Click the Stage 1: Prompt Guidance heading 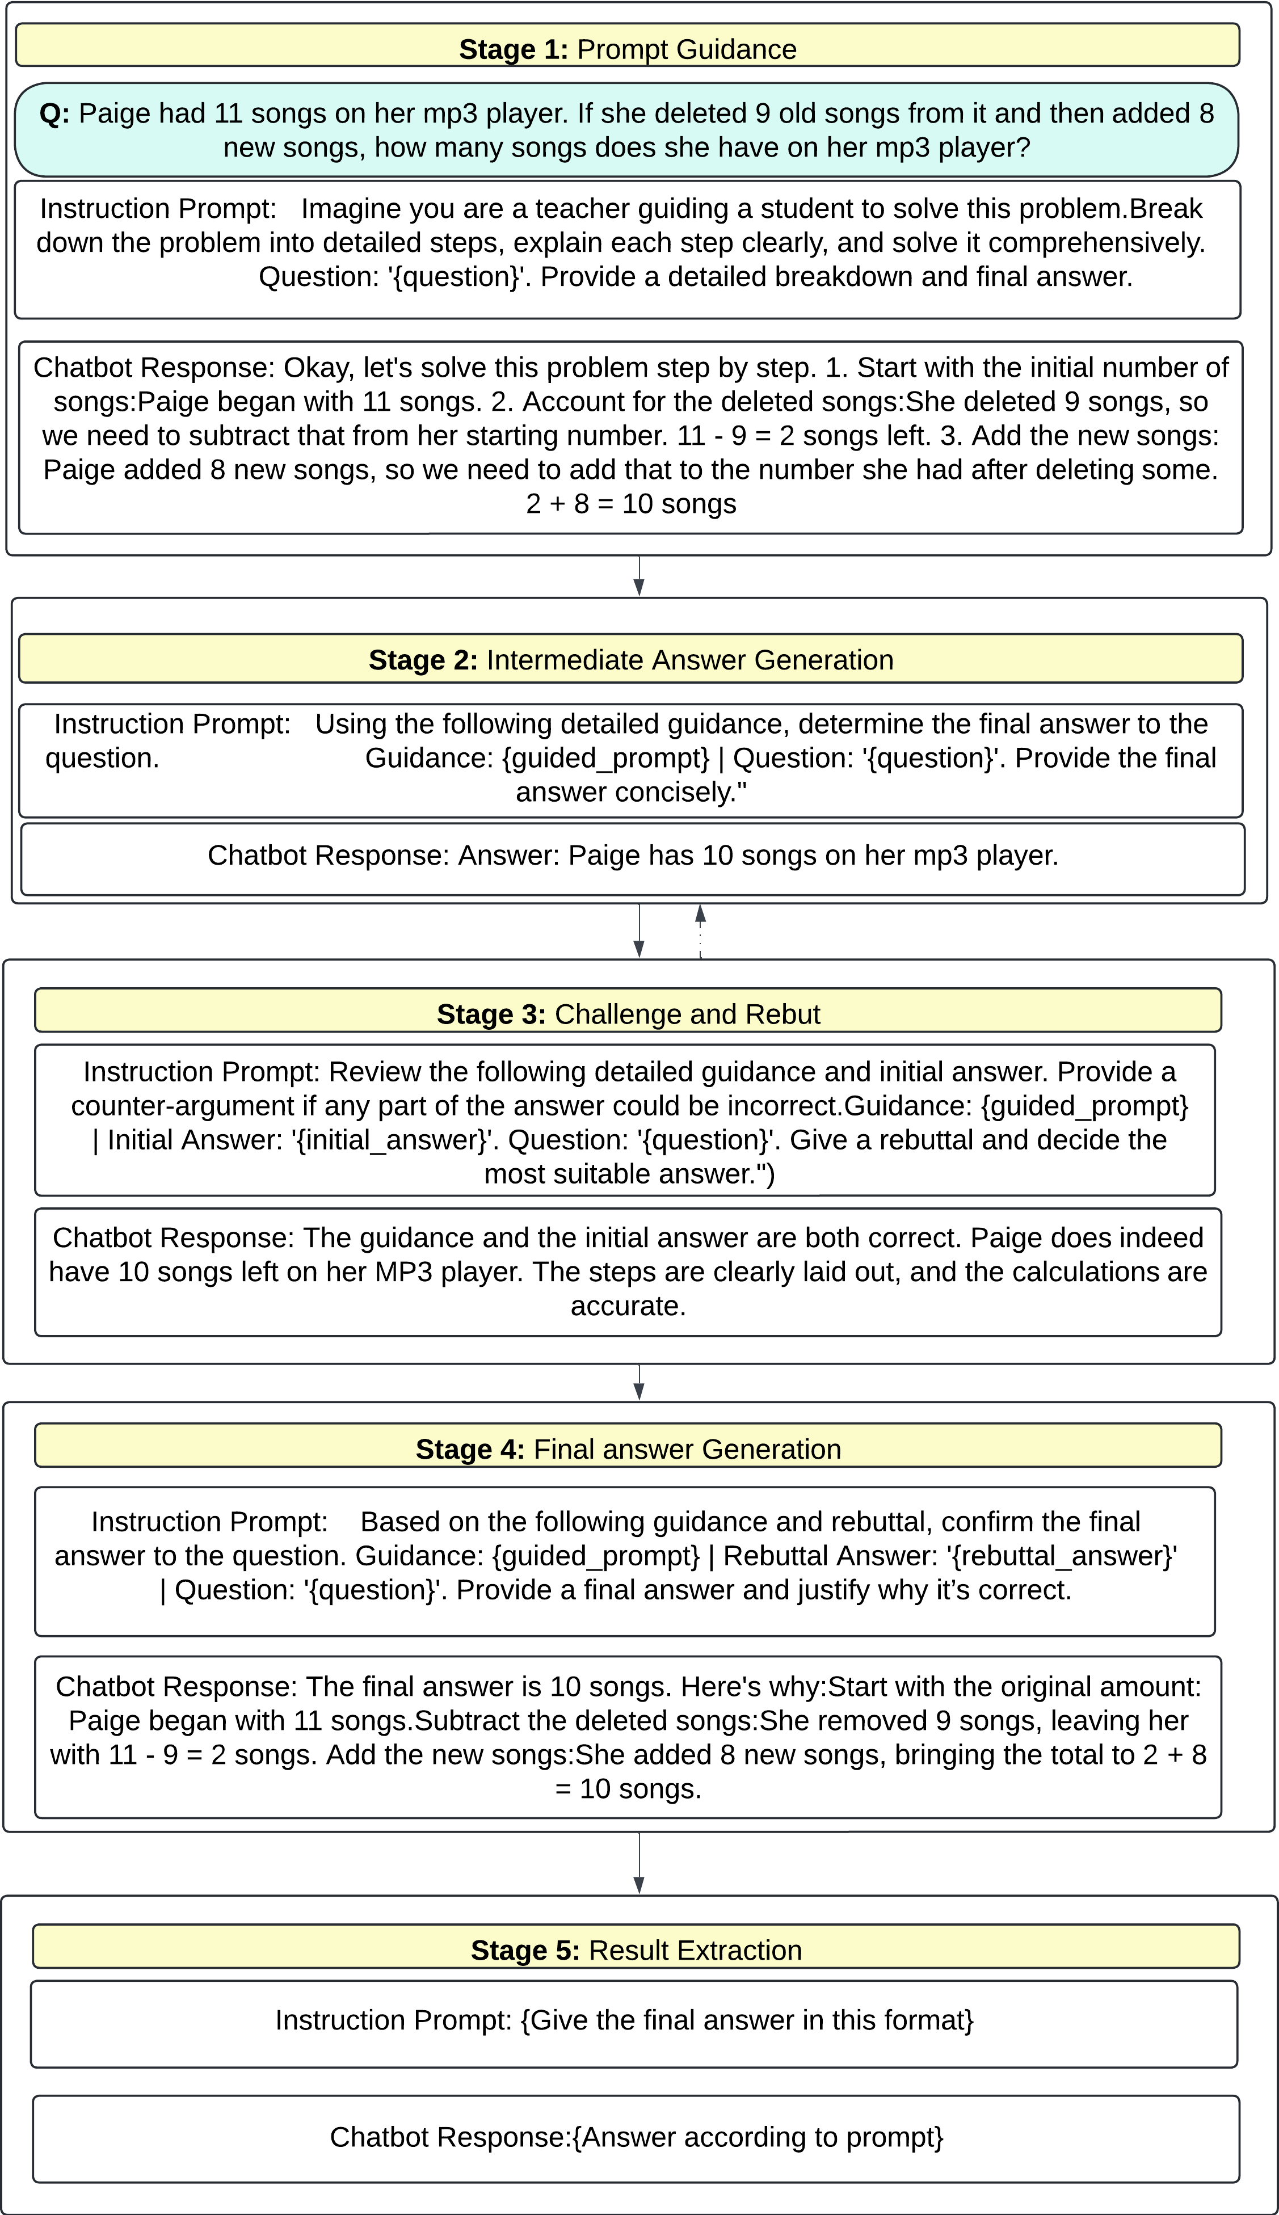[627, 49]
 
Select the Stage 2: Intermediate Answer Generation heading [631, 660]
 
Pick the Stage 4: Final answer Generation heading [628, 1448]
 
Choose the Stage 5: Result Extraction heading [636, 1950]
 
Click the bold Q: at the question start [54, 113]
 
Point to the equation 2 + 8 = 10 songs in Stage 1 [631, 504]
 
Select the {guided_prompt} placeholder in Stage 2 [605, 758]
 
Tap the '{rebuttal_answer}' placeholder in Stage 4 [1063, 1555]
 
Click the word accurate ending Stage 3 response [626, 1306]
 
